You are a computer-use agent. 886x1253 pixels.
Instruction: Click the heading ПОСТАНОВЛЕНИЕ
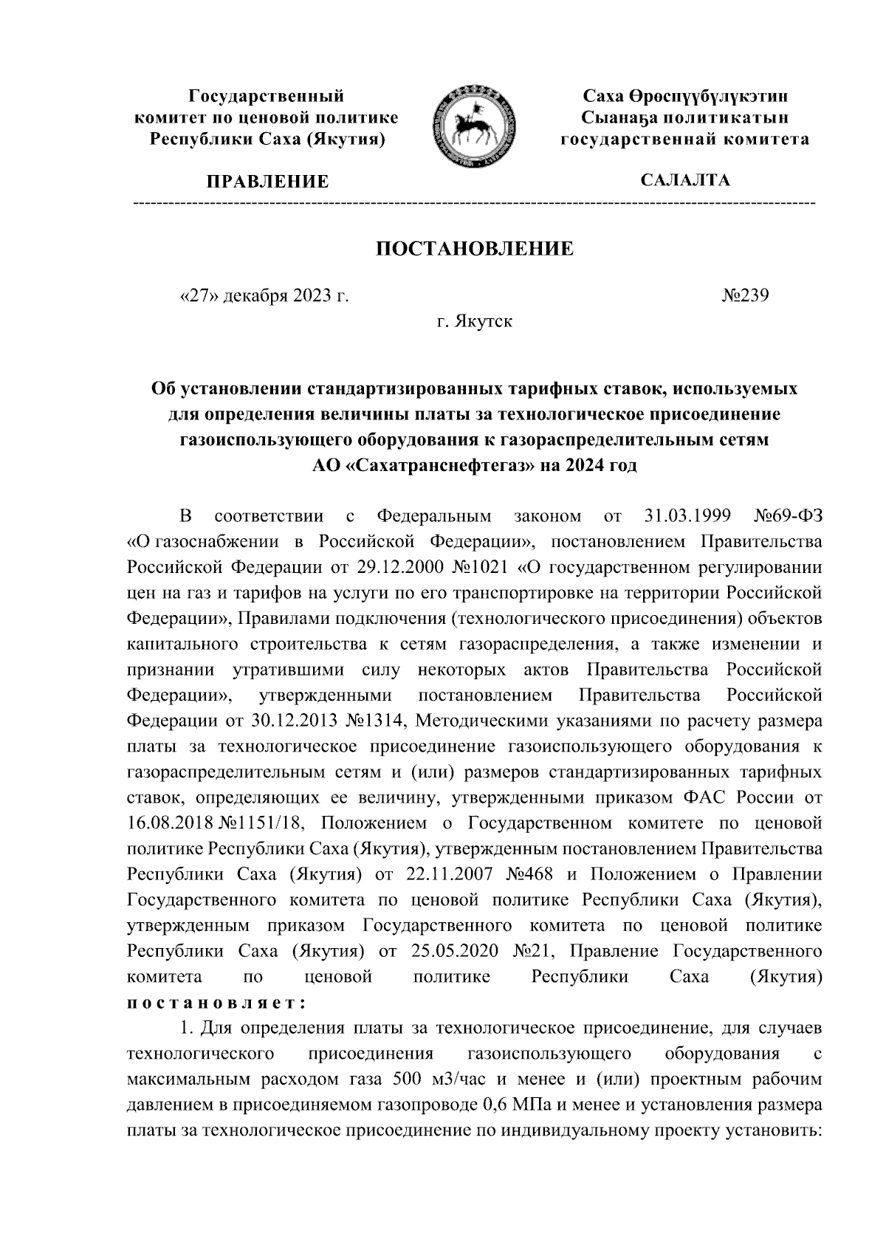[475, 249]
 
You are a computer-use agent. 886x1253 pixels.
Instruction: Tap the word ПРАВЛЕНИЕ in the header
[267, 182]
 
